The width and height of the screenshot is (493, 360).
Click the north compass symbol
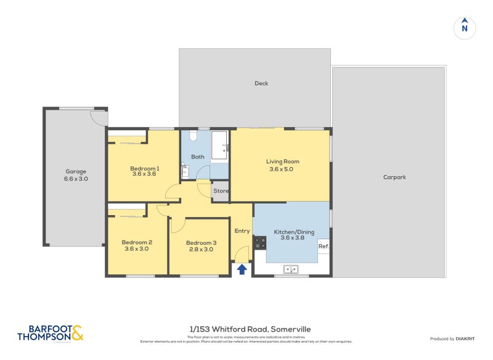pyautogui.click(x=465, y=28)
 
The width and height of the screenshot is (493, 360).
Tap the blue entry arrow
pyautogui.click(x=242, y=269)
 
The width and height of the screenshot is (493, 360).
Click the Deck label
pyautogui.click(x=261, y=83)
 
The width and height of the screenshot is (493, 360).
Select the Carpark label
pyautogui.click(x=394, y=177)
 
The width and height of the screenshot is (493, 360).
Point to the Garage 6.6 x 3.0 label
pyautogui.click(x=76, y=175)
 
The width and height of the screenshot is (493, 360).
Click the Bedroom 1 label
pyautogui.click(x=144, y=171)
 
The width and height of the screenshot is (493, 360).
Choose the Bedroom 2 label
pyautogui.click(x=137, y=245)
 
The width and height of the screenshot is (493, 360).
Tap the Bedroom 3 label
pyautogui.click(x=201, y=245)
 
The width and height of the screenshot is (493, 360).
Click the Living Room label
pyautogui.click(x=282, y=165)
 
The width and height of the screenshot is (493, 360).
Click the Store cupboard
pyautogui.click(x=221, y=191)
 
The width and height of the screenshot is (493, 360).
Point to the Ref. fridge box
pyautogui.click(x=324, y=247)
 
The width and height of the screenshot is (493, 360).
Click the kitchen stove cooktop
pyautogui.click(x=260, y=242)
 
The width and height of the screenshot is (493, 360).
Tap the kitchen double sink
pyautogui.click(x=291, y=269)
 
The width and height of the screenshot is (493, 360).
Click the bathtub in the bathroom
pyautogui.click(x=219, y=145)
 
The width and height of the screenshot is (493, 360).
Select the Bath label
pyautogui.click(x=197, y=157)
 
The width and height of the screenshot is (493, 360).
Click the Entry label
pyautogui.click(x=242, y=231)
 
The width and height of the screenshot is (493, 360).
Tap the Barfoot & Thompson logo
pyautogui.click(x=50, y=333)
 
